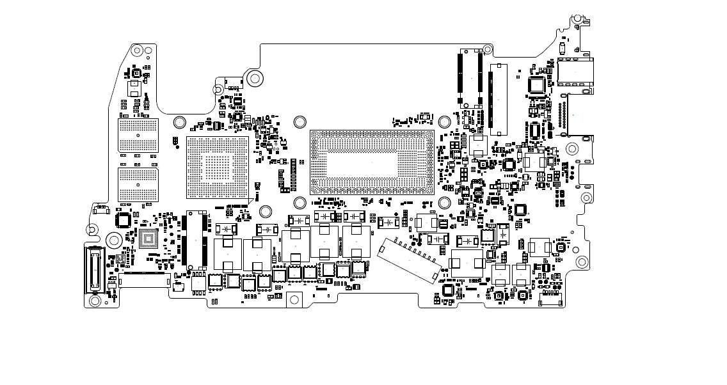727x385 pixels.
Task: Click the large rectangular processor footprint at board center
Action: [x=372, y=162]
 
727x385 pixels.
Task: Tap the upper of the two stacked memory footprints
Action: [x=138, y=135]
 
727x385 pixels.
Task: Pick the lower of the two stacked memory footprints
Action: [x=138, y=184]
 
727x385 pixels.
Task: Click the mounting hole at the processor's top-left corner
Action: [x=299, y=121]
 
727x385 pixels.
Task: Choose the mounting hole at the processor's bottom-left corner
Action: [x=299, y=203]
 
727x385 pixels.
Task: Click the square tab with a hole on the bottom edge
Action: [x=294, y=299]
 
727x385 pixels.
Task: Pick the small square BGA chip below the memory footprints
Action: [x=149, y=240]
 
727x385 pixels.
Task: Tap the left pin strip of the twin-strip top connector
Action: [x=459, y=78]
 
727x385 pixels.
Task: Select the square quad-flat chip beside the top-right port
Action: [x=536, y=85]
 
